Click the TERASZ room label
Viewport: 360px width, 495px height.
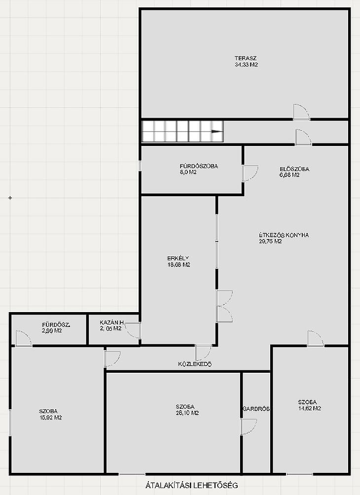coord(246,58)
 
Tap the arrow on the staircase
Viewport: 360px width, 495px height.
coord(216,131)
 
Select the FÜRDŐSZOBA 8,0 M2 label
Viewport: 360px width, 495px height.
coord(199,169)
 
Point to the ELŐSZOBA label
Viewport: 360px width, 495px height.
coord(294,169)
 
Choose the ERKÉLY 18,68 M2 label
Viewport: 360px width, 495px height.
coord(179,261)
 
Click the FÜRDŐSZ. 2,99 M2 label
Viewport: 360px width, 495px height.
coord(56,328)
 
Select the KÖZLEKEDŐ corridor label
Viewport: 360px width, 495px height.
coord(195,364)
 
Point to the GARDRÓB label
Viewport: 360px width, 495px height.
coord(256,409)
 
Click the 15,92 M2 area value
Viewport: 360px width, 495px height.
coord(50,418)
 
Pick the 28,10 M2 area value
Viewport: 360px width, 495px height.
coord(187,413)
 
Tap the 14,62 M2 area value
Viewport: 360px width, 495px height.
coord(310,408)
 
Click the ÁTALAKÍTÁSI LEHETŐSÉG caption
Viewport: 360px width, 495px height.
coord(192,485)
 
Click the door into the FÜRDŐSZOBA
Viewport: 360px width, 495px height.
coord(250,174)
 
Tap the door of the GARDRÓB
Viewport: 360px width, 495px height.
coord(249,427)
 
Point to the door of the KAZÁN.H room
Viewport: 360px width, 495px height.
coord(133,330)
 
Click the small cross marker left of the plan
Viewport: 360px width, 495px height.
coord(10,198)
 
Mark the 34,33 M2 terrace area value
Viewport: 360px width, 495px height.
coord(247,65)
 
